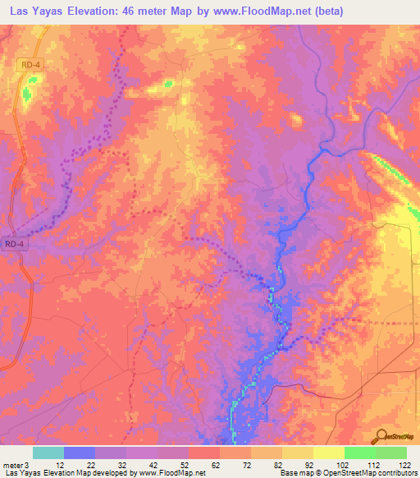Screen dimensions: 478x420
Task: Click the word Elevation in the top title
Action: (101, 11)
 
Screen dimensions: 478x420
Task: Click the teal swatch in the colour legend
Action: (48, 453)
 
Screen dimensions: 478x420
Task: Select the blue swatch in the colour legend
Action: (79, 453)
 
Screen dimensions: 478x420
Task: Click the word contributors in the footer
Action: (396, 474)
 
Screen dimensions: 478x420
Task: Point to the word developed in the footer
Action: (110, 474)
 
